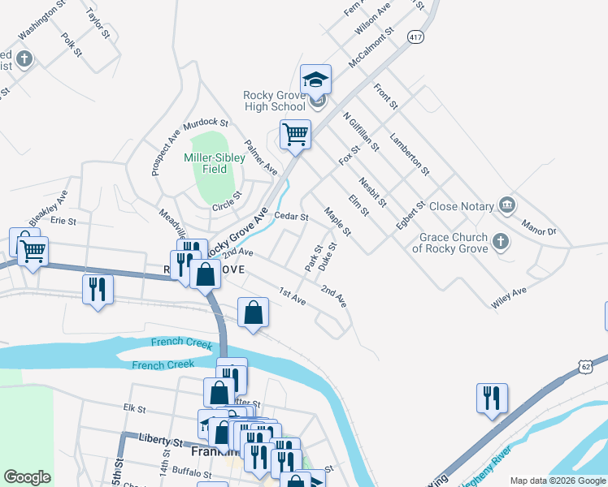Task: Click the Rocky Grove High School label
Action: coord(274,101)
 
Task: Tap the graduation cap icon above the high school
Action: coord(316,80)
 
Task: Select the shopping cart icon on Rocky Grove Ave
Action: coord(295,134)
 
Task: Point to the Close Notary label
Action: coord(461,206)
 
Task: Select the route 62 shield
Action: coord(587,366)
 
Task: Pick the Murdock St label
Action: coord(206,123)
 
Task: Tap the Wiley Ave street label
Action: coord(509,297)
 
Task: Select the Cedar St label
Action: coord(291,217)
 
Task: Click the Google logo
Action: coord(27,477)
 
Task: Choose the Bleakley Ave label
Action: coord(49,208)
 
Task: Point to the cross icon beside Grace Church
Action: coord(501,241)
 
